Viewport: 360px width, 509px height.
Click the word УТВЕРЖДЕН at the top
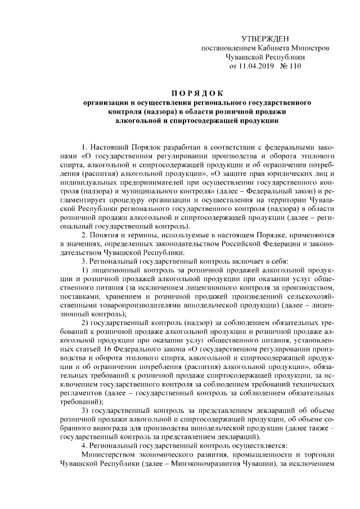[264, 39]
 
